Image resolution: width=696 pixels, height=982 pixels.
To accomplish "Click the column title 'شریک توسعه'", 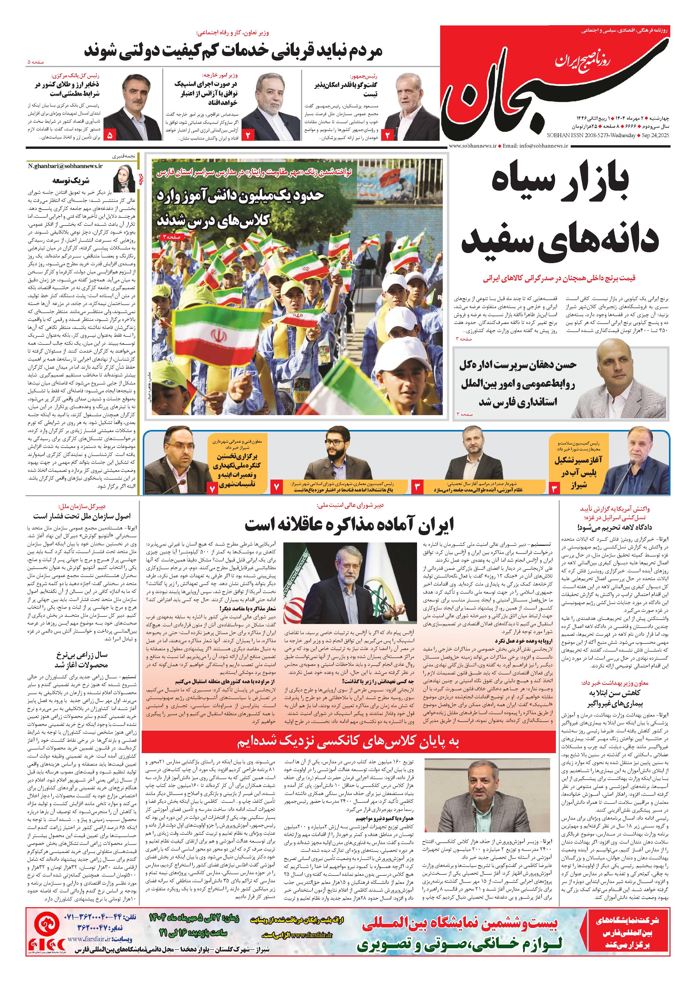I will tap(71, 180).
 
